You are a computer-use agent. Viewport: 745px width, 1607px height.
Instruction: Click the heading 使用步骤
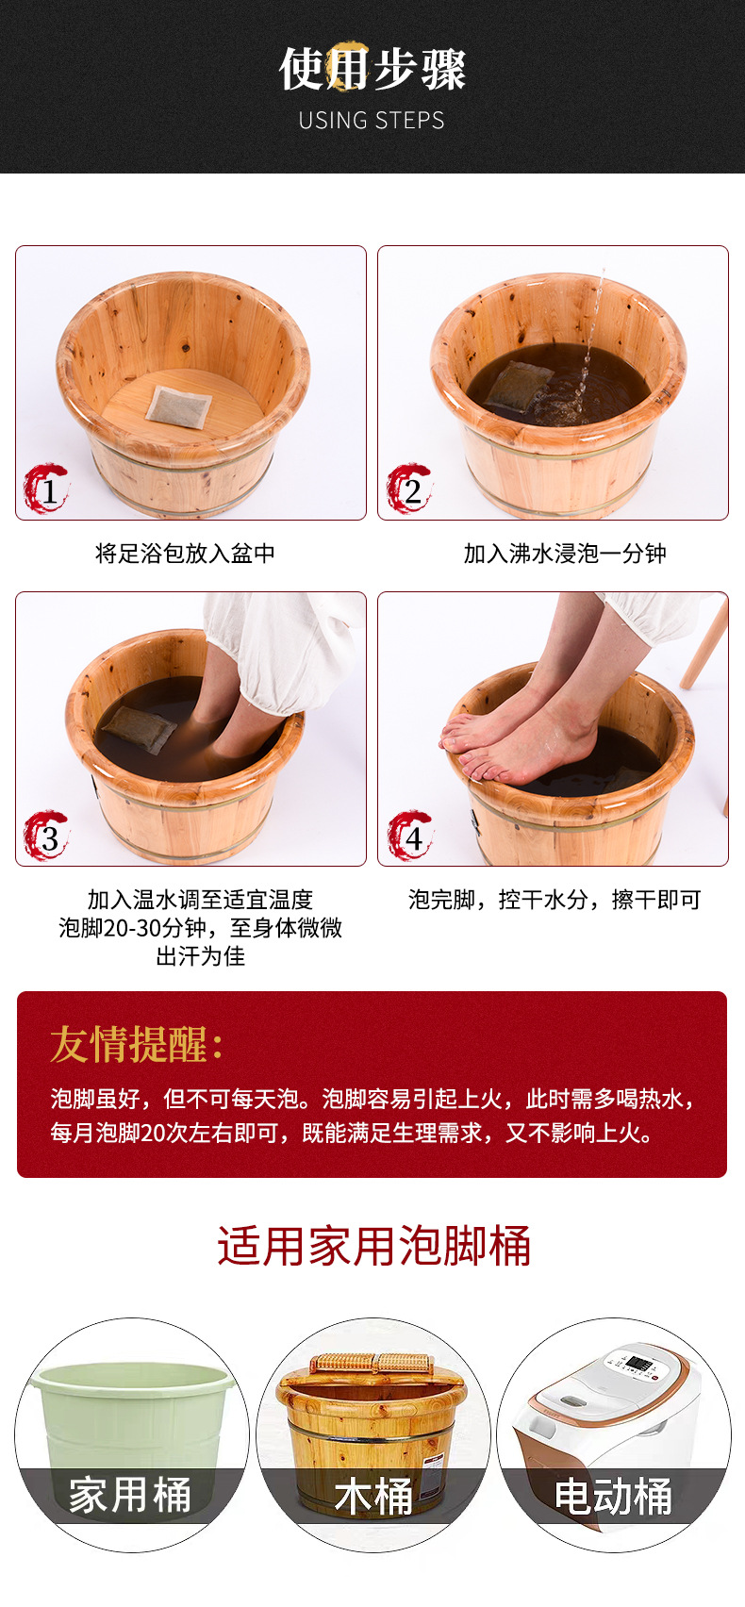[x=372, y=69]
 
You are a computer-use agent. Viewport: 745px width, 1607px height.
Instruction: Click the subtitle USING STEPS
[x=372, y=121]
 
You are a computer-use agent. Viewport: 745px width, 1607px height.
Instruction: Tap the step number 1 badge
[x=47, y=489]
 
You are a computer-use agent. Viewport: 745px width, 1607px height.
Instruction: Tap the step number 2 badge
[x=410, y=489]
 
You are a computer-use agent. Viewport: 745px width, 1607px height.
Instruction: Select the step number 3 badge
[x=47, y=836]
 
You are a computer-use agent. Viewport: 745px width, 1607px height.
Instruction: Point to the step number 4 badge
[x=410, y=836]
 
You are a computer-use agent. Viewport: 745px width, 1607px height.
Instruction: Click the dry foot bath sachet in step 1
[x=176, y=406]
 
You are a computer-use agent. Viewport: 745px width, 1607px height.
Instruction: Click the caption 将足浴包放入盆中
[x=185, y=554]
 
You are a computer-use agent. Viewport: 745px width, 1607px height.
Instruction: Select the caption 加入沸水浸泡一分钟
[x=564, y=554]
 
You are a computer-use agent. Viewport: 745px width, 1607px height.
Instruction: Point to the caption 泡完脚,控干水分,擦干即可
[x=555, y=900]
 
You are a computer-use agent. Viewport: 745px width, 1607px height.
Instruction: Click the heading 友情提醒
[x=137, y=1044]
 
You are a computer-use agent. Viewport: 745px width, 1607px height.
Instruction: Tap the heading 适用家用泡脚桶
[x=373, y=1246]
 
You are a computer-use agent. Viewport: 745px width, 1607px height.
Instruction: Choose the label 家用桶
[x=130, y=1496]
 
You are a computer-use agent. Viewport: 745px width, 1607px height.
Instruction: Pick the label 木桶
[x=373, y=1496]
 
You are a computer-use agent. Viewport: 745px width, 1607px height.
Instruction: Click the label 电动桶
[x=613, y=1496]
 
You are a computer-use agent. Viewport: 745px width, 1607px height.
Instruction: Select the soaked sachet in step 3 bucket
[x=138, y=728]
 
